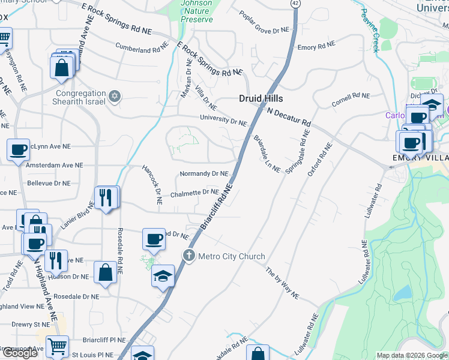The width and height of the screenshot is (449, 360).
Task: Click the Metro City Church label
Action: (232, 257)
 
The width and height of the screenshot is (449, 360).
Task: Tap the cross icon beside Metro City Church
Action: (189, 256)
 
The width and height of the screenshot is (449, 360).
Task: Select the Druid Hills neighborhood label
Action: (261, 98)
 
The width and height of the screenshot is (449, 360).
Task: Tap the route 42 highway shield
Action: (296, 4)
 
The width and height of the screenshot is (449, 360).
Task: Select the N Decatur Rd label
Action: (289, 117)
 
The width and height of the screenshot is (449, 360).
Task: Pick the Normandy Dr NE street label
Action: (204, 174)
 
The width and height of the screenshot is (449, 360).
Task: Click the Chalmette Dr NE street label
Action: (193, 193)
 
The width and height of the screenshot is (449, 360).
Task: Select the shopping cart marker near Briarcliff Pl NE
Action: (57, 346)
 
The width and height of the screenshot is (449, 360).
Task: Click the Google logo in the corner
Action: (20, 353)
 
